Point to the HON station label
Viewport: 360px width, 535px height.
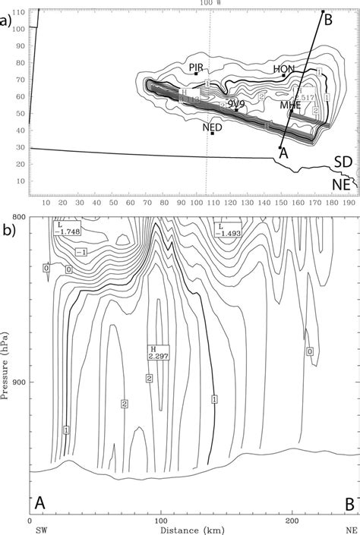[283, 69]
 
